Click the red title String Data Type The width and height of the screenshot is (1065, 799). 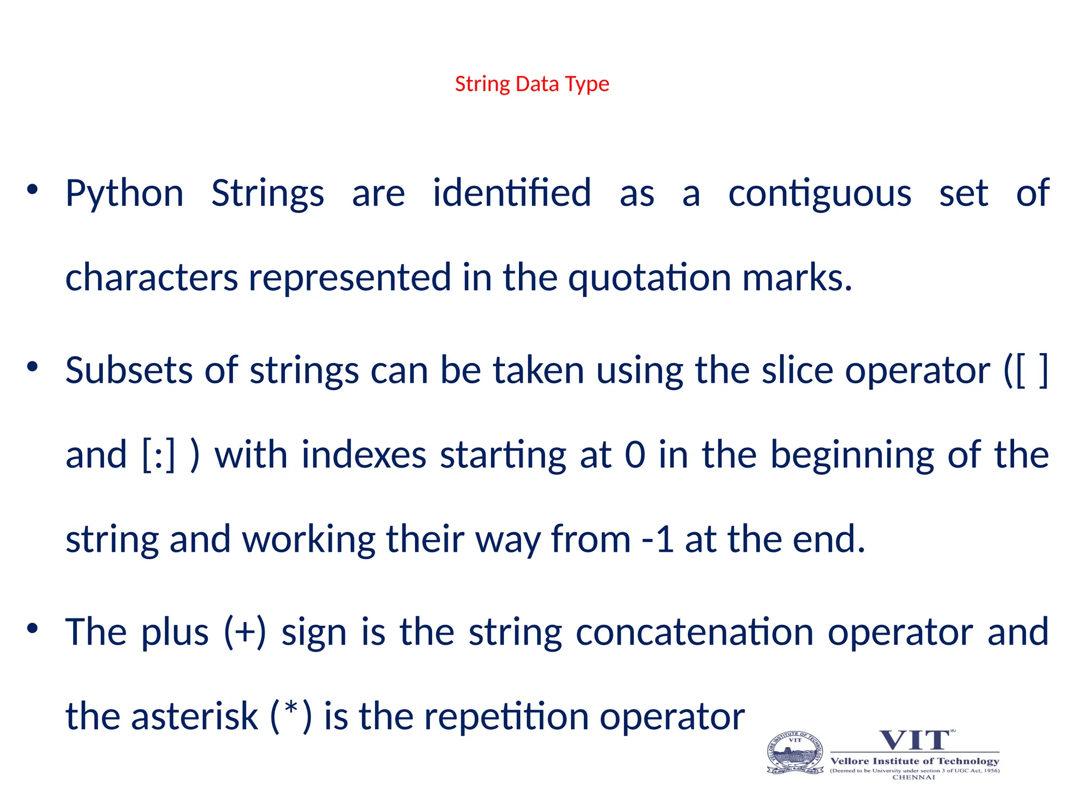tap(531, 84)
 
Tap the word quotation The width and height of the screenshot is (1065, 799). tap(650, 278)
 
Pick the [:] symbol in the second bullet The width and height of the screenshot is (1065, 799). tap(159, 455)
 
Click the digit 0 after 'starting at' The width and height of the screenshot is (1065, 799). tap(635, 455)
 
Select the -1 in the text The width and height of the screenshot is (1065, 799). tap(657, 539)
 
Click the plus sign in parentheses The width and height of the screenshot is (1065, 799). tap(245, 633)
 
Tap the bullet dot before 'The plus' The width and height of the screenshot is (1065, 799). tap(33, 628)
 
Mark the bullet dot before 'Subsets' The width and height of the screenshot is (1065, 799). tap(33, 367)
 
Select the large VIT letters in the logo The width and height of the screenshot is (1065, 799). tap(915, 740)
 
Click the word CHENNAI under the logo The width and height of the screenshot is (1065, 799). tap(914, 778)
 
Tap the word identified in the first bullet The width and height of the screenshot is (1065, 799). tap(512, 194)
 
